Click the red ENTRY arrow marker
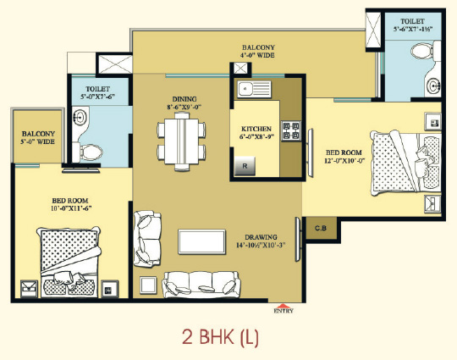[284, 306]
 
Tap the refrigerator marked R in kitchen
[245, 166]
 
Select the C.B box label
[321, 228]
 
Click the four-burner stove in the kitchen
[291, 130]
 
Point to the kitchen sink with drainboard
[254, 89]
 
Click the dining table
[182, 141]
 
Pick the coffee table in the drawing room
[201, 241]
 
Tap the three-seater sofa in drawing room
[201, 285]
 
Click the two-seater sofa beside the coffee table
[147, 239]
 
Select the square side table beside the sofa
[148, 285]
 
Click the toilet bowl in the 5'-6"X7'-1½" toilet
[422, 52]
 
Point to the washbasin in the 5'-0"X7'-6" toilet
[80, 118]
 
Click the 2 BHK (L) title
[220, 337]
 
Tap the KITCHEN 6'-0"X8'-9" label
[256, 132]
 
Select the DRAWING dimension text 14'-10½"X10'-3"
[261, 245]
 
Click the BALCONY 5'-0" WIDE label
[38, 137]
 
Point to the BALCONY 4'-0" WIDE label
[258, 51]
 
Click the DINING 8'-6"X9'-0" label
[184, 103]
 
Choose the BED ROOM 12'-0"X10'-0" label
[344, 157]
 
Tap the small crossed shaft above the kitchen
[240, 69]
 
